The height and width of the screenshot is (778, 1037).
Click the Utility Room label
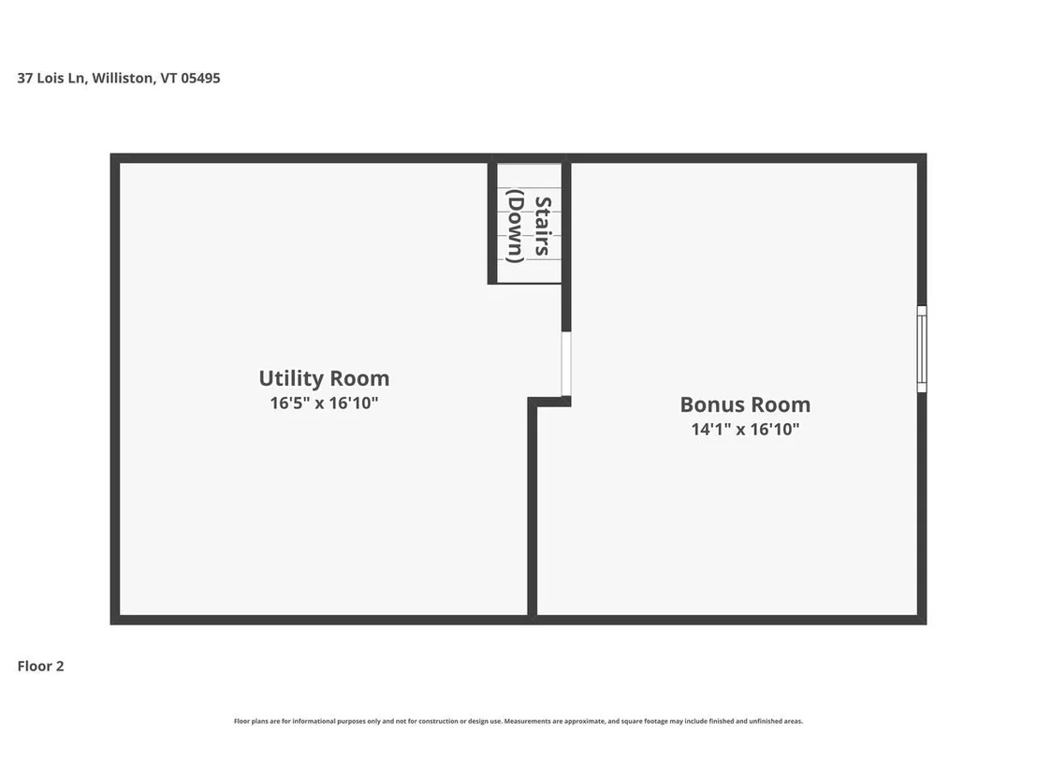point(324,378)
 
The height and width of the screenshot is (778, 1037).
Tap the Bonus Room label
point(745,404)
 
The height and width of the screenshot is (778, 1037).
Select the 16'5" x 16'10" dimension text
point(324,403)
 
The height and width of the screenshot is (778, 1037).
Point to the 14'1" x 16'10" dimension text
point(745,430)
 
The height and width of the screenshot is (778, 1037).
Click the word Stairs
point(543,226)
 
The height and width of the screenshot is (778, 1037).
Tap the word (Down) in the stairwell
point(515,226)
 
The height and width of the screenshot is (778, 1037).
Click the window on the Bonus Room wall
point(922,348)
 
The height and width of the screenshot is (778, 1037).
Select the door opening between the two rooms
point(566,364)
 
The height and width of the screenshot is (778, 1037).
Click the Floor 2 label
point(41,667)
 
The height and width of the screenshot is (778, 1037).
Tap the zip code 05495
point(200,78)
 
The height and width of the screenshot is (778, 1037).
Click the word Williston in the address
point(124,78)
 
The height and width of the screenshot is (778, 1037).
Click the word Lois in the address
point(51,78)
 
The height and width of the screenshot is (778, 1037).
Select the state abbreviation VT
point(168,78)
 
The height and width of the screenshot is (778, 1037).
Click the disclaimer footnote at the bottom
point(518,721)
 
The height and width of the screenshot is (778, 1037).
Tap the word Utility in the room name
point(291,378)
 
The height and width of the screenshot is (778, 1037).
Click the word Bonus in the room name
point(709,404)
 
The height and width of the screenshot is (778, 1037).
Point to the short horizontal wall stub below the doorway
point(549,402)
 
